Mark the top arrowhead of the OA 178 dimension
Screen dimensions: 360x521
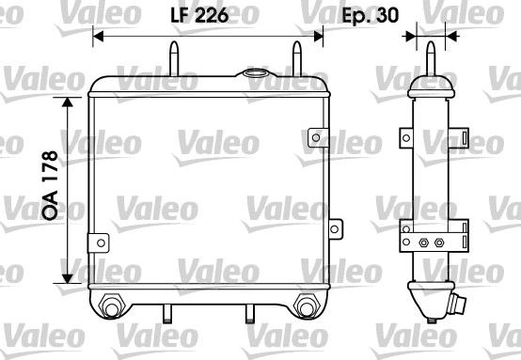(67, 101)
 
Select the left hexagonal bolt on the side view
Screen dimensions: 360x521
(423, 243)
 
